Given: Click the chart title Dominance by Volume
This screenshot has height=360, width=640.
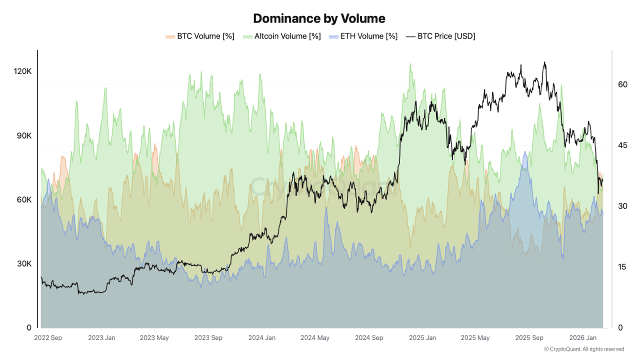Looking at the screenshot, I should tap(319, 18).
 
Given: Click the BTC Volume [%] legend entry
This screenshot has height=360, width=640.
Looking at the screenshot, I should tap(200, 36).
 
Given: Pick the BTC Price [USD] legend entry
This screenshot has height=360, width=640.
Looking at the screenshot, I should tap(440, 36).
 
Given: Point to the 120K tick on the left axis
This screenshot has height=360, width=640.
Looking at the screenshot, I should tap(22, 71).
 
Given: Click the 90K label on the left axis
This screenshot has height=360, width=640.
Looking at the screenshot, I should tap(22, 135).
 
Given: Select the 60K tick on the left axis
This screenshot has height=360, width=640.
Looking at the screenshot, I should tap(22, 199).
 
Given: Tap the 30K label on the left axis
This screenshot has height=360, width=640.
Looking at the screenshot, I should tap(22, 263).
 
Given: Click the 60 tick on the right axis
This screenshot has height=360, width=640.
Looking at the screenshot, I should tap(622, 84).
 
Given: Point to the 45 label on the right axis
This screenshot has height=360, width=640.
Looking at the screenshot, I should tap(622, 145).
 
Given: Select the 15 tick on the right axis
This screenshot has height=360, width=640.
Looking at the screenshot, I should tap(622, 267).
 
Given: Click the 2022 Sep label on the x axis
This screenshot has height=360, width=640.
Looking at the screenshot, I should tap(48, 338).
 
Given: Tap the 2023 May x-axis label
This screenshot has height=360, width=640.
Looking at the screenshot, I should tap(154, 338).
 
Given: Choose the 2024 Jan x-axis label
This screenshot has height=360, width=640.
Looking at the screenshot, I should tap(262, 338).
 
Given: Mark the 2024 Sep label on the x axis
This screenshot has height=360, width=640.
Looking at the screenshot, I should tap(369, 338).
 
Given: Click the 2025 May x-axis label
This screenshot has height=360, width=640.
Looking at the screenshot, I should tap(475, 338).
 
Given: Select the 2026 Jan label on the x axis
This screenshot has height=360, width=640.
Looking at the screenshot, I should tap(583, 338).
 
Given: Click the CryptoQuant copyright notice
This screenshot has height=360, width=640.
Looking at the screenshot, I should tap(584, 349).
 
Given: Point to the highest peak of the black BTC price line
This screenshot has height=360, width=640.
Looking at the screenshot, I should tap(544, 62).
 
